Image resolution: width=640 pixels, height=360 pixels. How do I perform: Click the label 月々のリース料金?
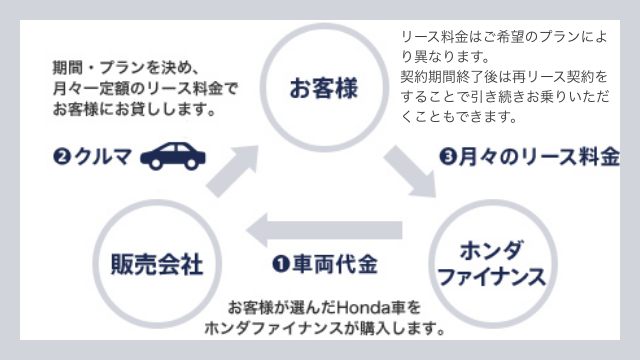(x=539, y=157)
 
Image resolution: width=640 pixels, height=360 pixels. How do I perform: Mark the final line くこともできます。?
(x=458, y=117)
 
